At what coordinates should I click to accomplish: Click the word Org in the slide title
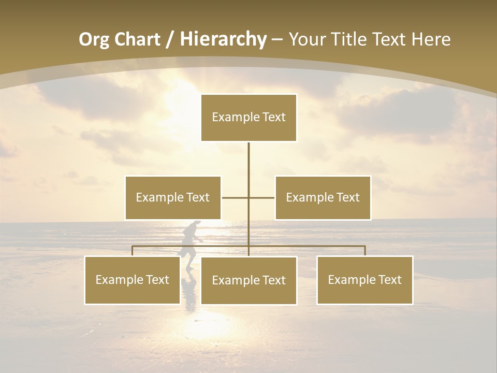pyautogui.click(x=95, y=40)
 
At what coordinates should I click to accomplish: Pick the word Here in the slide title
pyautogui.click(x=431, y=40)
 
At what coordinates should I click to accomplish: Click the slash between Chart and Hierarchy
pyautogui.click(x=169, y=40)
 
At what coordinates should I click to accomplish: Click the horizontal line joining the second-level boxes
pyautogui.click(x=236, y=197)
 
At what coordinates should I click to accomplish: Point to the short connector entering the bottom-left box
pyautogui.click(x=133, y=251)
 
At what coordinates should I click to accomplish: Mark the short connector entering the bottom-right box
pyautogui.click(x=365, y=251)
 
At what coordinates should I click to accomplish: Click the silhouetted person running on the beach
pyautogui.click(x=189, y=242)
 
